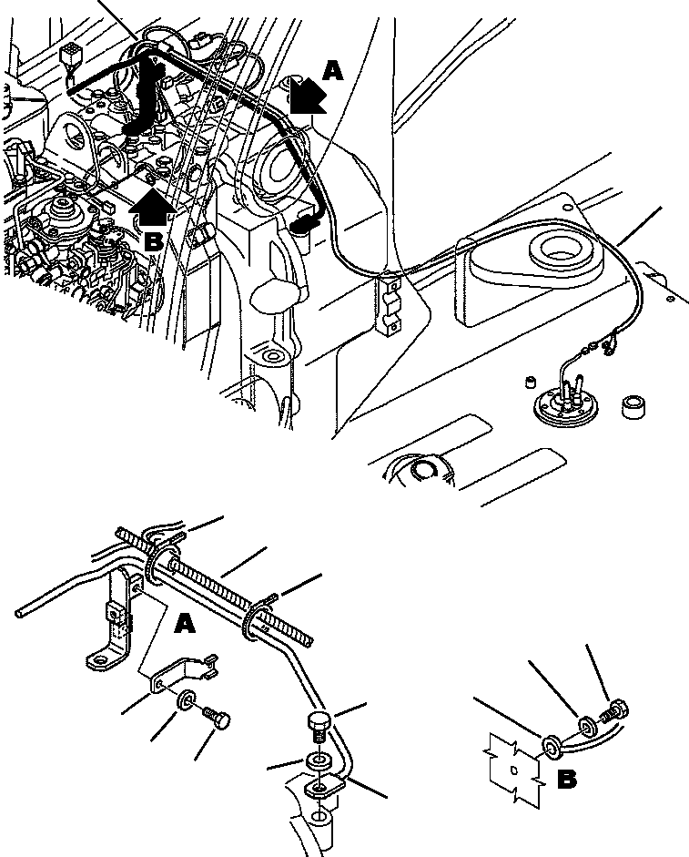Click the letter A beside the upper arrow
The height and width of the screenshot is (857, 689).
pyautogui.click(x=333, y=70)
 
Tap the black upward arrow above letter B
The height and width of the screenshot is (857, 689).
pyautogui.click(x=151, y=209)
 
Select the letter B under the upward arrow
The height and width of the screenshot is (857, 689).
pyautogui.click(x=153, y=242)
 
